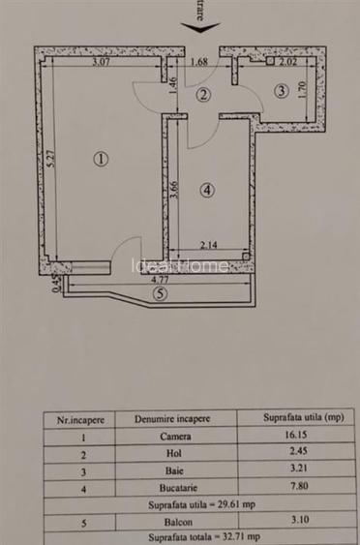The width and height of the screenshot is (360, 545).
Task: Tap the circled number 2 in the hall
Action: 203,95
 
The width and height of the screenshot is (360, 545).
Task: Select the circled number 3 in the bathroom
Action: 281,92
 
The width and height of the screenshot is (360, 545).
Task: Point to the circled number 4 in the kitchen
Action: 209,191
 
